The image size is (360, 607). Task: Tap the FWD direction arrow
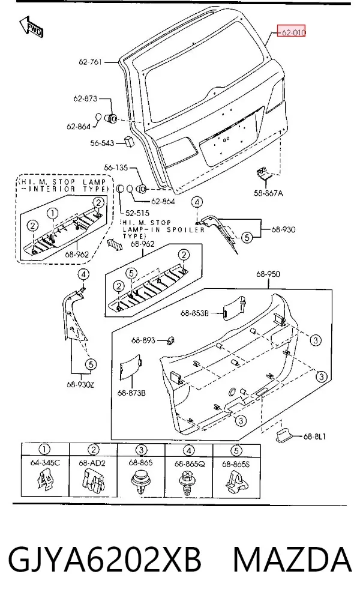pyautogui.click(x=31, y=27)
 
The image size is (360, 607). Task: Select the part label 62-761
pyautogui.click(x=90, y=62)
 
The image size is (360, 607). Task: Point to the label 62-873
pyautogui.click(x=85, y=98)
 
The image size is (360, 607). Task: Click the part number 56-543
pyautogui.click(x=102, y=143)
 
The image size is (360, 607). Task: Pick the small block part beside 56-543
pyautogui.click(x=129, y=141)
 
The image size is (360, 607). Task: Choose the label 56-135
pyautogui.click(x=116, y=168)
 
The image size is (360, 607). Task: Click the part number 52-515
pyautogui.click(x=137, y=213)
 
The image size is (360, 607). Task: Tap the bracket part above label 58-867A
pyautogui.click(x=264, y=174)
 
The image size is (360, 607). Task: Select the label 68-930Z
pyautogui.click(x=80, y=384)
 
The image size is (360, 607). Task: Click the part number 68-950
pyautogui.click(x=268, y=274)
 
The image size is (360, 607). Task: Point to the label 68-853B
pyautogui.click(x=194, y=313)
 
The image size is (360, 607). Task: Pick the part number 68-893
pyautogui.click(x=143, y=340)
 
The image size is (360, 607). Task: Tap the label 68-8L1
pyautogui.click(x=314, y=436)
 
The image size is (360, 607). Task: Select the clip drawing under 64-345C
pyautogui.click(x=44, y=481)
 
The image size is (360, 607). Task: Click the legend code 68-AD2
pyautogui.click(x=92, y=463)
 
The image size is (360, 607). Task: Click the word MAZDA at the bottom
pyautogui.click(x=292, y=560)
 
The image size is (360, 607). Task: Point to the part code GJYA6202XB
pyautogui.click(x=105, y=560)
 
